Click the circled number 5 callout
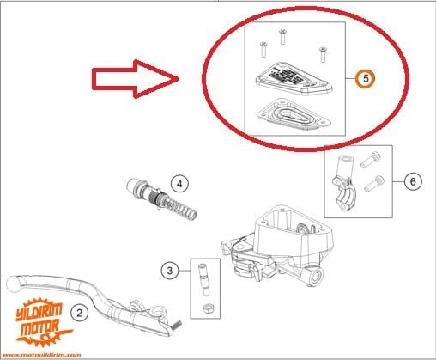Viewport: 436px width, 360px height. click(365, 78)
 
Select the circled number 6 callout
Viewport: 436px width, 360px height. click(413, 182)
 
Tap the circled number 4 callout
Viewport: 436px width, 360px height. click(179, 183)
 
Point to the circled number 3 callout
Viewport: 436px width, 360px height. click(171, 271)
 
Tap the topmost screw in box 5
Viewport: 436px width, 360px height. click(282, 35)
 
